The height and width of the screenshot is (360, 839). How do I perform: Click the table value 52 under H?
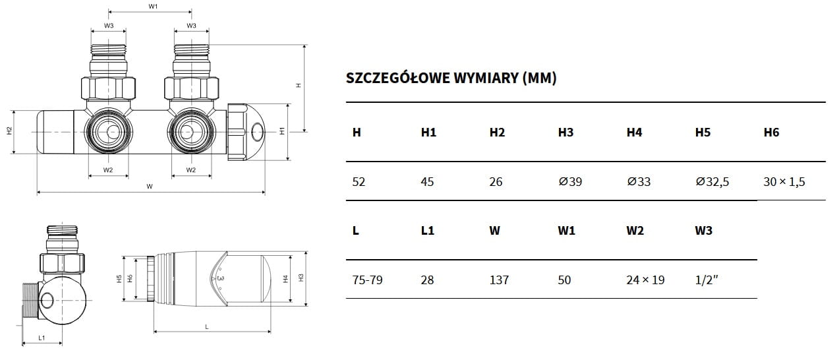point(359,182)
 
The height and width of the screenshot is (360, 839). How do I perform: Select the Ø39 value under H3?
point(570,182)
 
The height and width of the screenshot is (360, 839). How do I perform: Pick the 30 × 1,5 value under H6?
point(784,182)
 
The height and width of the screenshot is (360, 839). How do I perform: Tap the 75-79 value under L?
point(367,280)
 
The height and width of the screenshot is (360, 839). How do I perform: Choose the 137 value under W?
point(499,280)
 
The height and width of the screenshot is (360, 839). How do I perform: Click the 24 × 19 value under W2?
point(645,280)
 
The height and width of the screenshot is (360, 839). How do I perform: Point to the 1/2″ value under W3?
point(707,280)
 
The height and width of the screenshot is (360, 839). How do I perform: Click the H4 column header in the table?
point(634,133)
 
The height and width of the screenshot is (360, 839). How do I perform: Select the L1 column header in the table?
point(427,230)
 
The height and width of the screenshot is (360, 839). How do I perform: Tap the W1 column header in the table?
point(566,230)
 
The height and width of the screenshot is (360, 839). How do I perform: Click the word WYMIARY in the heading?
point(486,78)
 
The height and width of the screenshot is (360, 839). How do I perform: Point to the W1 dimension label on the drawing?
point(153,7)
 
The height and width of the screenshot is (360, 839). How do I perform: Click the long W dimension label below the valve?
point(150,186)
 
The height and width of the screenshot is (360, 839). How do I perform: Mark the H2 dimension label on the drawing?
point(9,131)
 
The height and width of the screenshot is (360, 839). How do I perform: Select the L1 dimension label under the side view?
point(42,338)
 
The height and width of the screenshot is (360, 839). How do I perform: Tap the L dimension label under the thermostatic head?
point(207,327)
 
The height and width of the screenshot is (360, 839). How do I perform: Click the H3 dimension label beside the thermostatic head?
point(301,278)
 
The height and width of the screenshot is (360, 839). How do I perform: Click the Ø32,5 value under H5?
point(712,182)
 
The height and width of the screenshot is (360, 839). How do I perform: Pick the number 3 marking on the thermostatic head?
point(221,278)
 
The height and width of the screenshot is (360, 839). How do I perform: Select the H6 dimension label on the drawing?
point(130,279)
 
